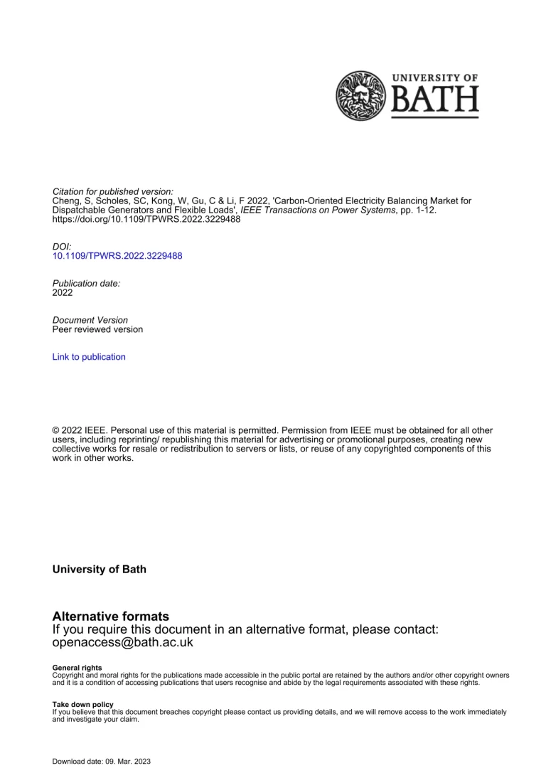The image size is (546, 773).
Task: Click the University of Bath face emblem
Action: [360, 95]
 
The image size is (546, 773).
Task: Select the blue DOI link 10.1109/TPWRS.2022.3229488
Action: [117, 255]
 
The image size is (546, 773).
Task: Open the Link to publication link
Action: [89, 357]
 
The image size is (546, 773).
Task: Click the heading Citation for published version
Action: [113, 192]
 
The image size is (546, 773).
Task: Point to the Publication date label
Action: [87, 283]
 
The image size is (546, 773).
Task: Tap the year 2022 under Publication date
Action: [63, 292]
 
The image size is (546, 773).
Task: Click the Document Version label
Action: [90, 320]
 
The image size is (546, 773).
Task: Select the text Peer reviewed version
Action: [97, 329]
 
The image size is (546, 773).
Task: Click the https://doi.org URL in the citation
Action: [146, 219]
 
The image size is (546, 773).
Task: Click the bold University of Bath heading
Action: [100, 570]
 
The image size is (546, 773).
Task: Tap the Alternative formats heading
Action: [111, 616]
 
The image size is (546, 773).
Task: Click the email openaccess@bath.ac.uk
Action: [123, 642]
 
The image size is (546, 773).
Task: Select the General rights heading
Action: [77, 668]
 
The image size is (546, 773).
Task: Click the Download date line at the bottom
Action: [102, 762]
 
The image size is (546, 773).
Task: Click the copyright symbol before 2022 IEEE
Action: [56, 431]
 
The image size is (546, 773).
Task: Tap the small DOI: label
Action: [62, 246]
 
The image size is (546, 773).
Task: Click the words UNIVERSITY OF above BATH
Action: [435, 78]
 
